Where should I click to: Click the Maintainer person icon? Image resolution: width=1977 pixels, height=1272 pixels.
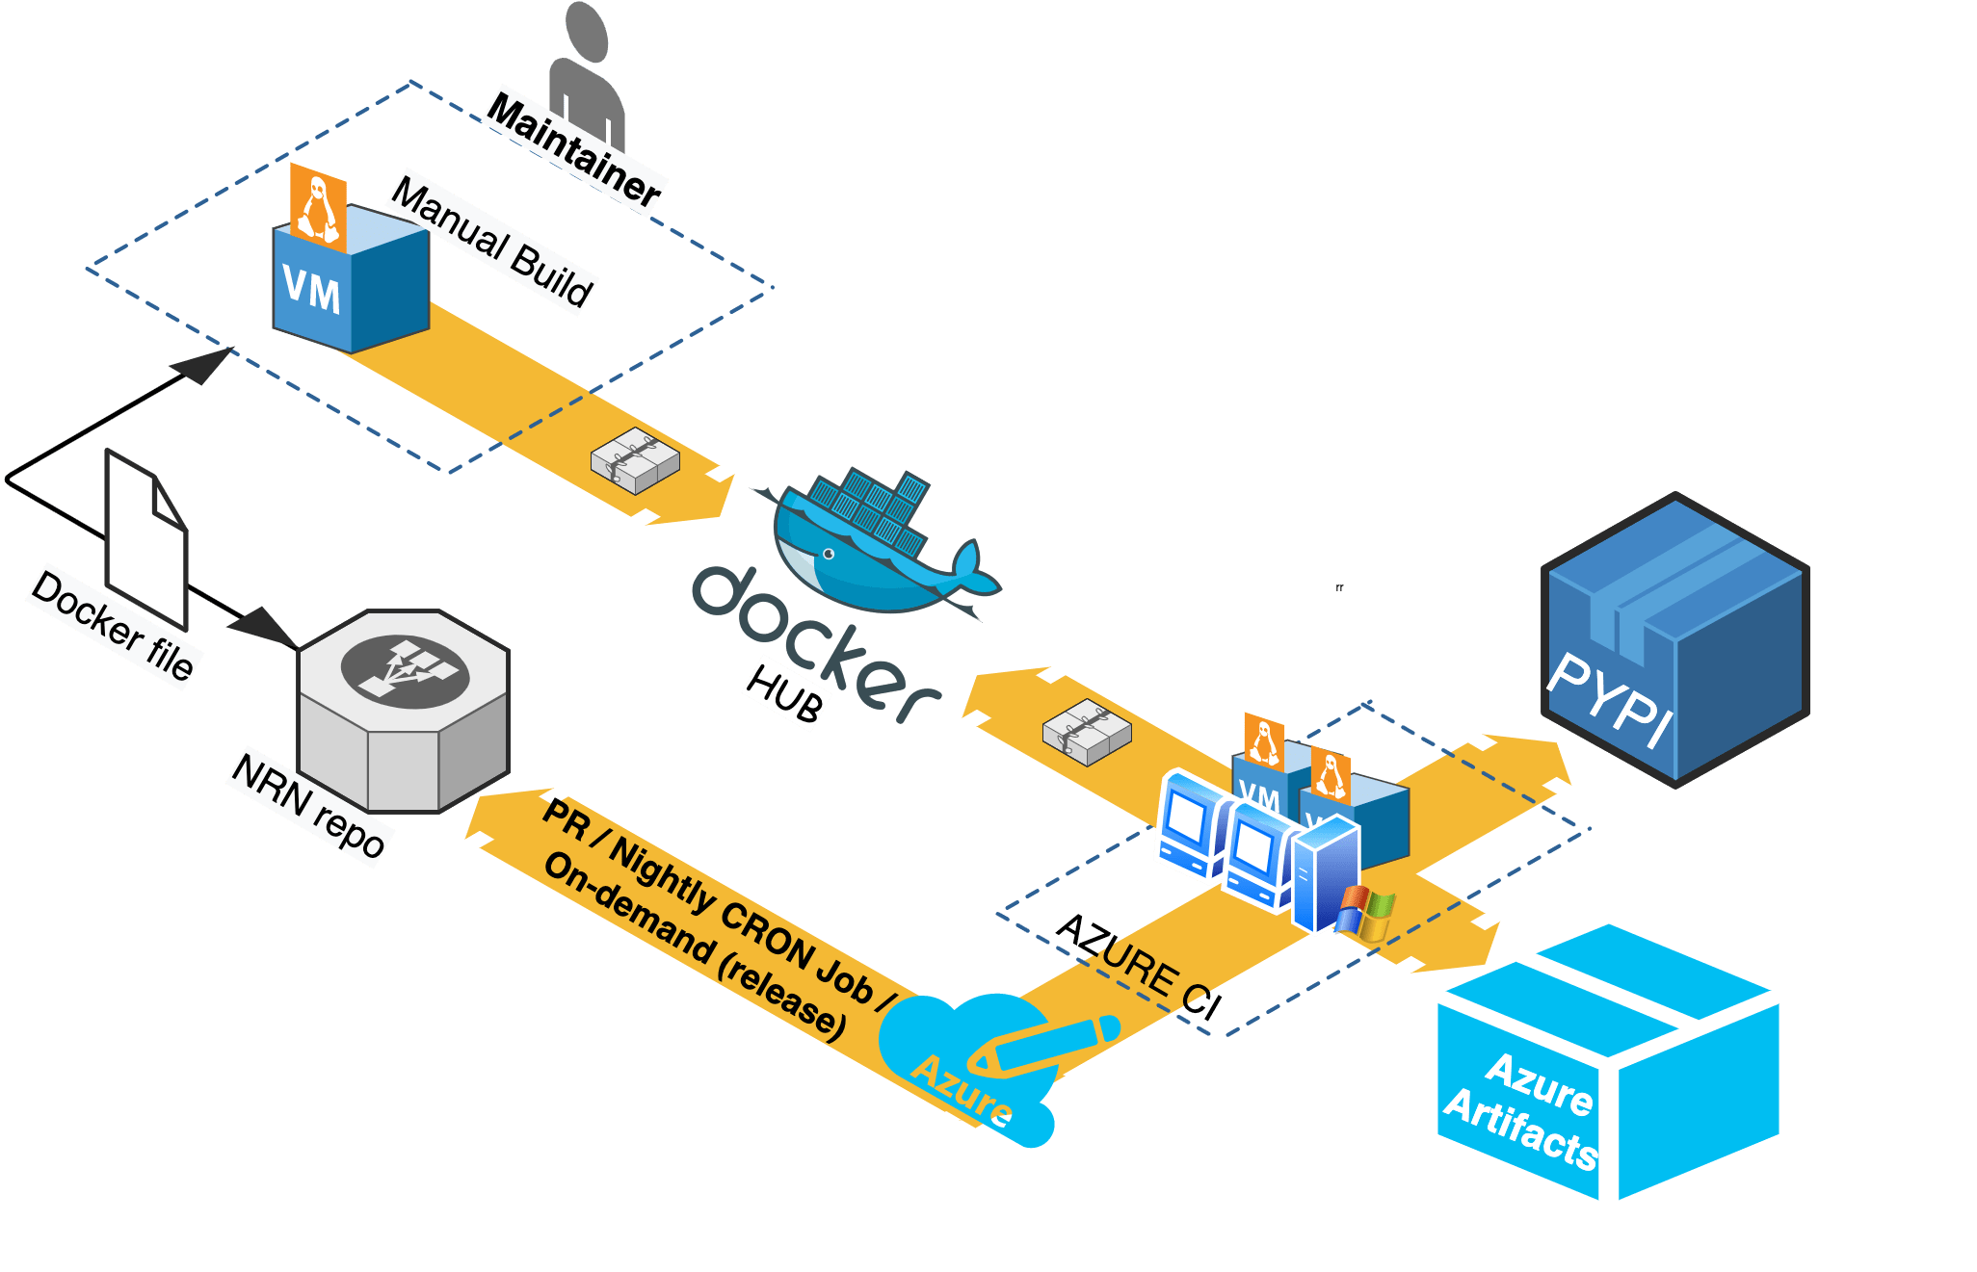coord(586,67)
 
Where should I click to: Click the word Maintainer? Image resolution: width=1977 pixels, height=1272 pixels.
coord(575,150)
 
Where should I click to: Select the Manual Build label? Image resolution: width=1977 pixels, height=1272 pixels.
coord(492,243)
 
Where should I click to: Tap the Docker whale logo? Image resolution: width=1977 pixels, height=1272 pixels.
coord(877,544)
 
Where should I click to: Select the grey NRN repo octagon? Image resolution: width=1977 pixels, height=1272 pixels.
coord(404,711)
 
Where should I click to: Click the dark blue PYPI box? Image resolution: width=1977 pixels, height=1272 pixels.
coord(1674,639)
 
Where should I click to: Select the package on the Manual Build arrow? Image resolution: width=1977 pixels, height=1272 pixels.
coord(635,460)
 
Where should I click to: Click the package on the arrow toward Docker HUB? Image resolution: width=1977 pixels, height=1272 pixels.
coord(1087,732)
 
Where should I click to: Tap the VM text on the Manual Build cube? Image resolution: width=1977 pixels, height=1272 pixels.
coord(311,289)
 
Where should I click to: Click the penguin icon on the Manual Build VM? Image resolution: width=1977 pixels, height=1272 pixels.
coord(319,209)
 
